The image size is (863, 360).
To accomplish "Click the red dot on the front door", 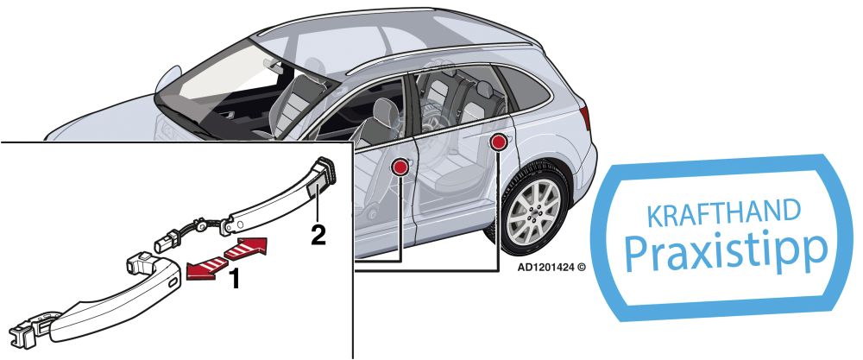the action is [400, 167].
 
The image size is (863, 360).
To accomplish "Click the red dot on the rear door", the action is [499, 142].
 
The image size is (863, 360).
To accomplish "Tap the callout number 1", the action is [235, 279].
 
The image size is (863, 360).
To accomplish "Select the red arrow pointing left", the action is [207, 268].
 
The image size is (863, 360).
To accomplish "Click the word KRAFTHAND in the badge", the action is [723, 215].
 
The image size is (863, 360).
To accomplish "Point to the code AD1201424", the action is [545, 268].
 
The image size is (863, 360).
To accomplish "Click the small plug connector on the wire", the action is [168, 243].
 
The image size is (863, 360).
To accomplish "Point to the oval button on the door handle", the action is [173, 281].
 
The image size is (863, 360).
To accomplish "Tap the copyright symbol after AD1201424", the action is [581, 268].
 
